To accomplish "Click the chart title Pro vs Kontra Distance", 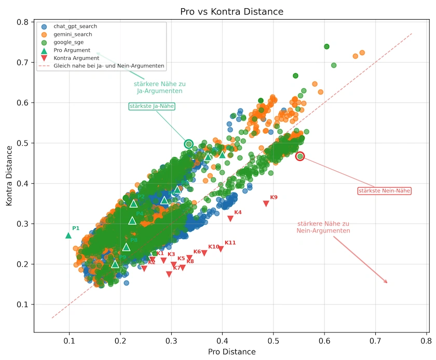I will [232, 11].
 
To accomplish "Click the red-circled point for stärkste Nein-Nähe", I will [300, 156].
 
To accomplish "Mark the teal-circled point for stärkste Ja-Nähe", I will [189, 144].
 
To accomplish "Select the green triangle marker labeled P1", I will [69, 235].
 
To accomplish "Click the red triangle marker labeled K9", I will [266, 204].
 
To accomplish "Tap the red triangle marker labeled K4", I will [230, 219].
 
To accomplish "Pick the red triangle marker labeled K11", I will [221, 249].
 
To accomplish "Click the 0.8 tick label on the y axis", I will [23, 22].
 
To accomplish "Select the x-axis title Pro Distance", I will [231, 352].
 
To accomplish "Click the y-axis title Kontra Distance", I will [9, 176].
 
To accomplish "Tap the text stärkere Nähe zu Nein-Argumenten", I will [323, 227].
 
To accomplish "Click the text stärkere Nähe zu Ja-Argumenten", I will [159, 87].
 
